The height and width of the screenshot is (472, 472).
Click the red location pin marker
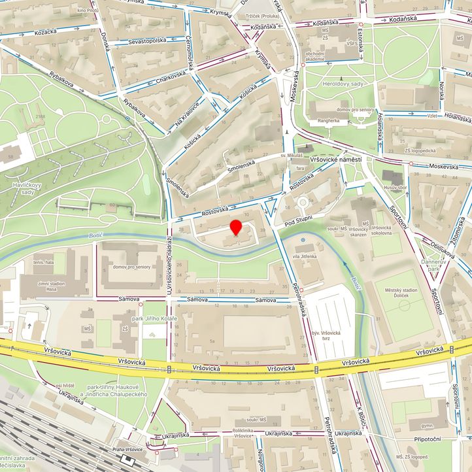pyautogui.click(x=236, y=228)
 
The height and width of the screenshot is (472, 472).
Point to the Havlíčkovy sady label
pyautogui.click(x=18, y=188)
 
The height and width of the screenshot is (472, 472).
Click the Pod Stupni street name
pyautogui.click(x=299, y=220)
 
